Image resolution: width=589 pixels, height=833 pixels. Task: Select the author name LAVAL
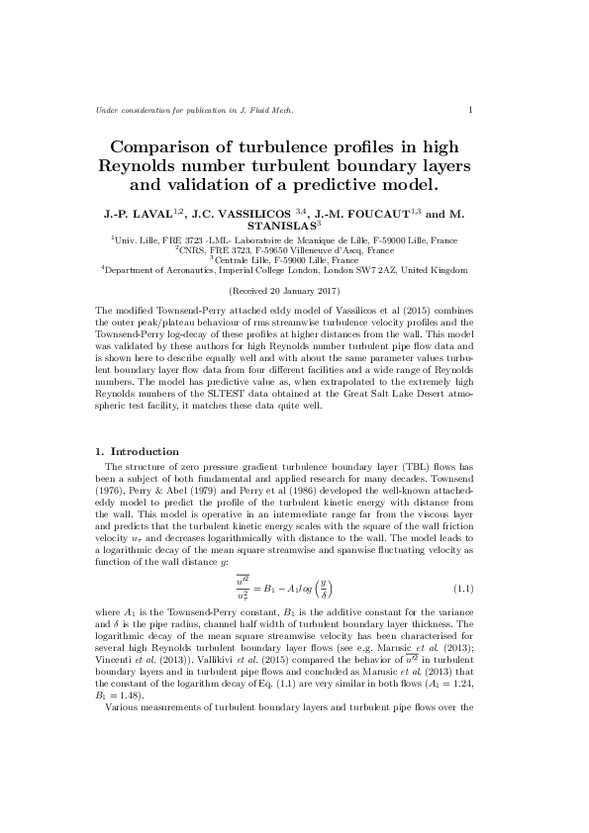(x=149, y=213)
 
